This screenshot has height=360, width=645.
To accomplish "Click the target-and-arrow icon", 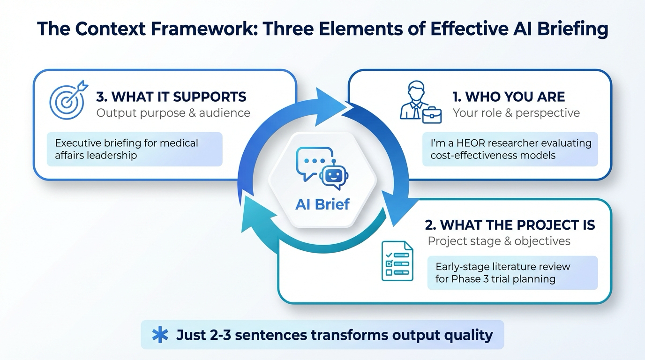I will tap(68, 100).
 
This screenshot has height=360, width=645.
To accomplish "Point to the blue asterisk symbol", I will tap(160, 335).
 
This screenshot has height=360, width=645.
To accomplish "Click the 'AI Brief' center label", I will tap(322, 204).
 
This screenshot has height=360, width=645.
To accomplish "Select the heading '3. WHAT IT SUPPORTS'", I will tap(171, 97).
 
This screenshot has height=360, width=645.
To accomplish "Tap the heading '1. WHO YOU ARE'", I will tap(508, 97).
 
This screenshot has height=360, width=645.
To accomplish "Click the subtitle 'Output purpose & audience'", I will tap(173, 113).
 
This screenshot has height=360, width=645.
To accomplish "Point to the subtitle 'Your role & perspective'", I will tap(516, 113).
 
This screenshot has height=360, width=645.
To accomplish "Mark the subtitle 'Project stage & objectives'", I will tap(499, 241).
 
